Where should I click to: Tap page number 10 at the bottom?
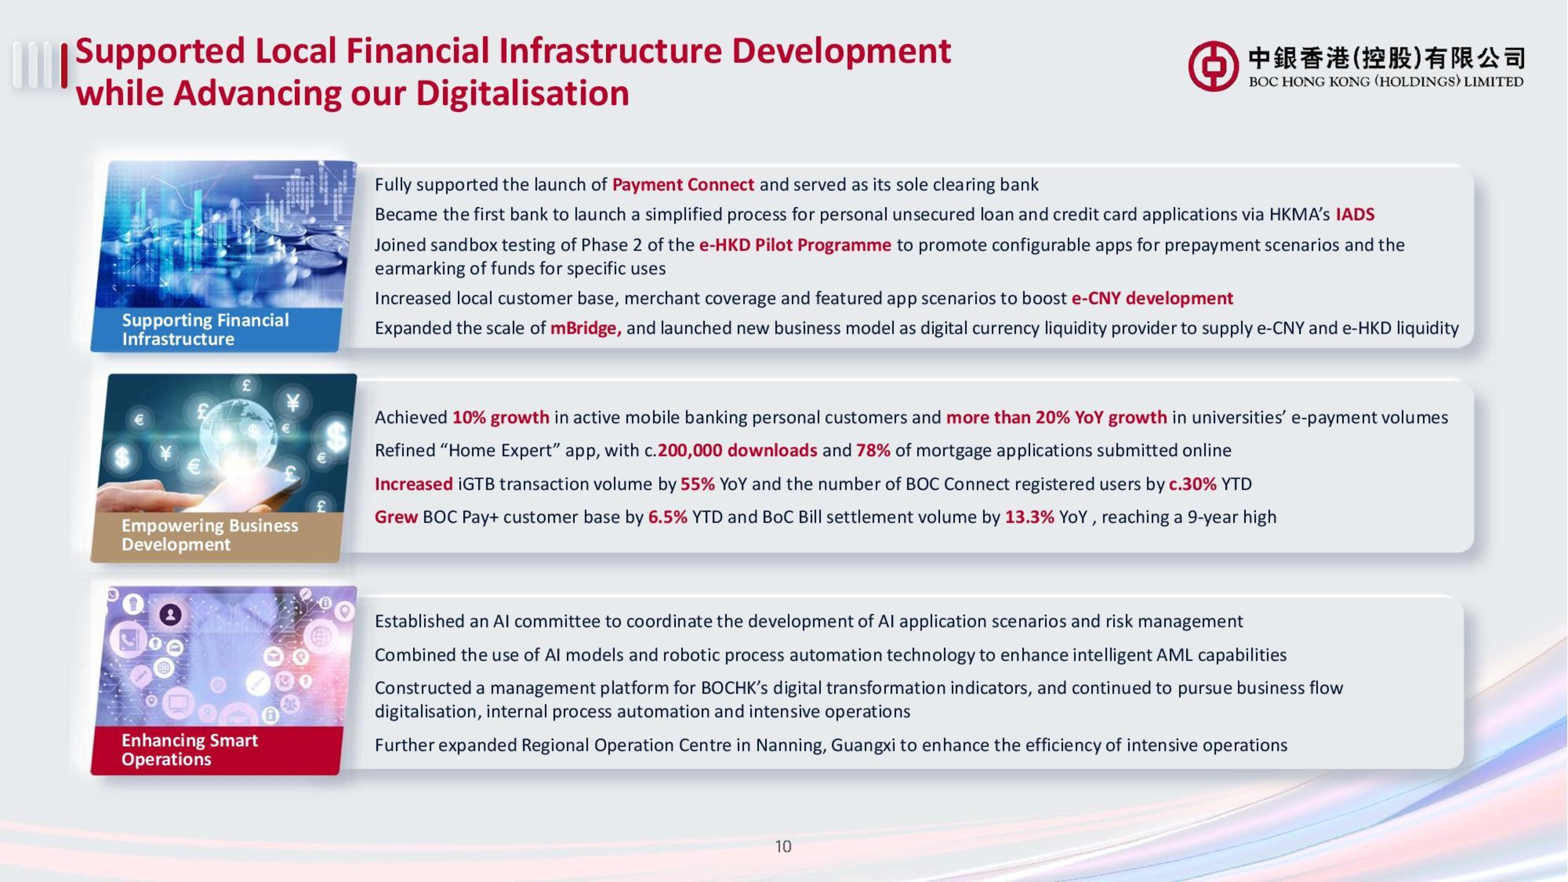pos(783,846)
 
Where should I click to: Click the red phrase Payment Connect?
pos(682,184)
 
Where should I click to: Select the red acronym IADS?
pos(1355,214)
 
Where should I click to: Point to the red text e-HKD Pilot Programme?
pos(795,245)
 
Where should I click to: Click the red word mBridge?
pos(584,328)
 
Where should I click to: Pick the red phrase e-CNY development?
pos(1152,298)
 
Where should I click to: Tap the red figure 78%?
pos(873,450)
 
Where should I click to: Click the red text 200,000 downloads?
pos(737,450)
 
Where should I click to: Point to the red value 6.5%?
pos(668,517)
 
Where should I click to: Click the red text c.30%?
pos(1192,484)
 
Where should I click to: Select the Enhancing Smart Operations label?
pos(189,749)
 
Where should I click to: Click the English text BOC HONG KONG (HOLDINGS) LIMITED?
pos(1385,82)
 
